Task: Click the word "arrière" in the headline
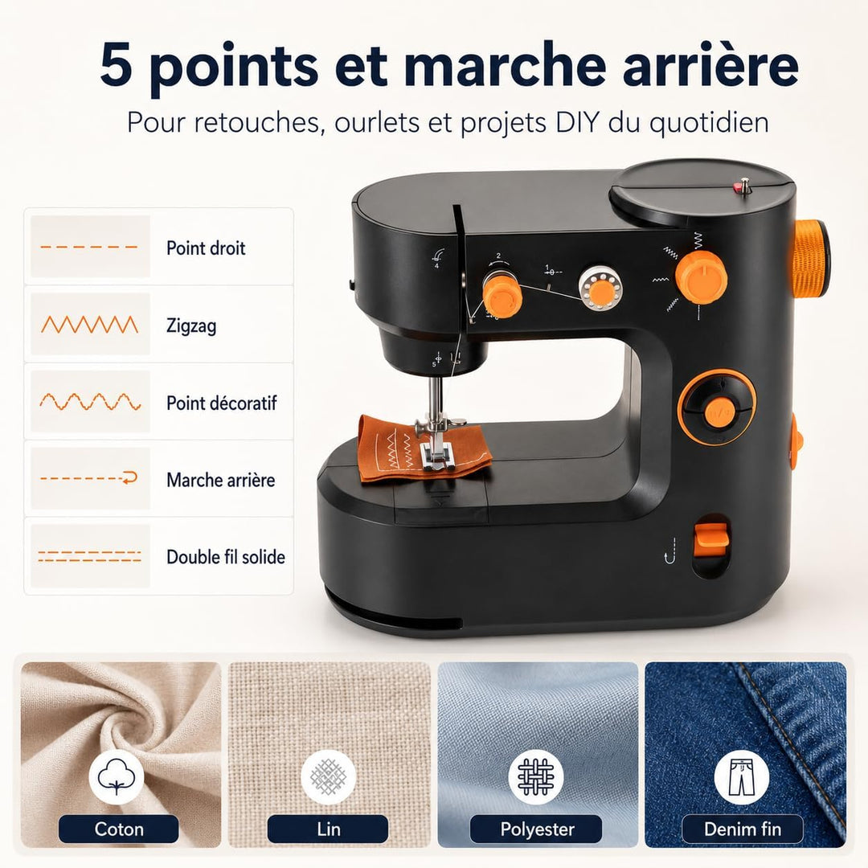point(710,66)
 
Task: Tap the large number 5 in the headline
point(117,66)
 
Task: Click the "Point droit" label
point(206,248)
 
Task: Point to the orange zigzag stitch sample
point(90,325)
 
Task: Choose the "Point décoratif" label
point(222,403)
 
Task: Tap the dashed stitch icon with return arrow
point(90,477)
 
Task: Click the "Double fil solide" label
point(226,556)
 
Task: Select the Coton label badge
point(118,829)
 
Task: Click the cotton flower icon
point(117,776)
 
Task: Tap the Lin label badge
point(328,829)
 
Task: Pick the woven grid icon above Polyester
point(535,776)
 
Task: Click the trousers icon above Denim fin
point(741,776)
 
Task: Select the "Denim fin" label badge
point(743,829)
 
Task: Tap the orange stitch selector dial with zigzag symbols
point(702,276)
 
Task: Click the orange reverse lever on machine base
point(712,535)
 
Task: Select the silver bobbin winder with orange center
point(600,288)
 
